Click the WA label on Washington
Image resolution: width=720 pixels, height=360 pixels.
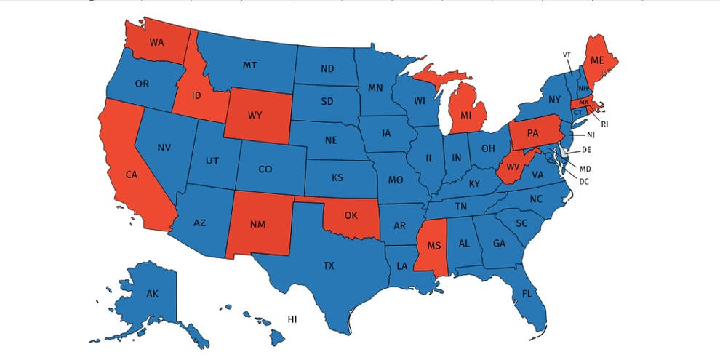(156, 42)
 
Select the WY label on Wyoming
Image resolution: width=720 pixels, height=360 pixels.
(255, 116)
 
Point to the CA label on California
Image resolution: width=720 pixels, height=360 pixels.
(131, 175)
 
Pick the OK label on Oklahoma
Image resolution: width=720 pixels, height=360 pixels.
(351, 215)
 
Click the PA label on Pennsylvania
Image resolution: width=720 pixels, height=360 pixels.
(532, 133)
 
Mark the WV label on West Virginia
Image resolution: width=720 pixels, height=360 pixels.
(512, 169)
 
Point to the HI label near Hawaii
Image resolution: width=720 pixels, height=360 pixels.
(292, 319)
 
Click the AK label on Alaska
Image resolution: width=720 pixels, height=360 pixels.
(152, 294)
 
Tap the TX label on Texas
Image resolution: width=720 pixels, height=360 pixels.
(329, 266)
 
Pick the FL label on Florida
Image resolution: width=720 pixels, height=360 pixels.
(526, 295)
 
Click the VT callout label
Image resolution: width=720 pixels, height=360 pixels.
(567, 55)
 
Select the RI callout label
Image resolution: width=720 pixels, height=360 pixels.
(604, 124)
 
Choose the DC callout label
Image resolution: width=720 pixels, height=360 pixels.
(583, 181)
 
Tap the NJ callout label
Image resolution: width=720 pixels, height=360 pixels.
(591, 135)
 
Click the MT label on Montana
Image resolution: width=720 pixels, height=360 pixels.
(249, 65)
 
